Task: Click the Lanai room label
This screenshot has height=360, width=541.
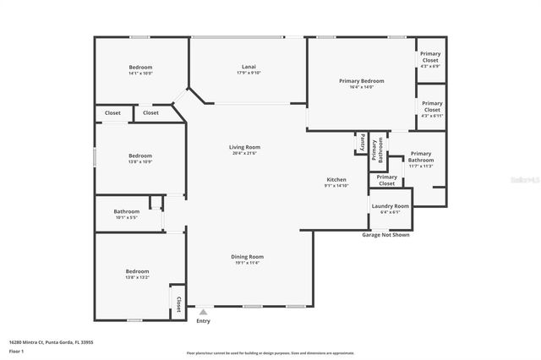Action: click(249, 66)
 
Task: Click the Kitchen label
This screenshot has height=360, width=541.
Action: click(336, 179)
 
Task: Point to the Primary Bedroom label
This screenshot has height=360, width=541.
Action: click(361, 81)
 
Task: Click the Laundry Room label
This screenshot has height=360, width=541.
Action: click(390, 206)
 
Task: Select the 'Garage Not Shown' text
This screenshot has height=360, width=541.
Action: click(385, 235)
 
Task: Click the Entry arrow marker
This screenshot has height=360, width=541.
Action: click(203, 312)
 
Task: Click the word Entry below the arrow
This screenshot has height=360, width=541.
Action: click(203, 321)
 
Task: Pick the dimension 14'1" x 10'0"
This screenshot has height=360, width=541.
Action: click(140, 73)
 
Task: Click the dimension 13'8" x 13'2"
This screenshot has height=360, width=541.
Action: click(137, 276)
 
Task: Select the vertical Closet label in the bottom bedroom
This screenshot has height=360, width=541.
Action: click(178, 303)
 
